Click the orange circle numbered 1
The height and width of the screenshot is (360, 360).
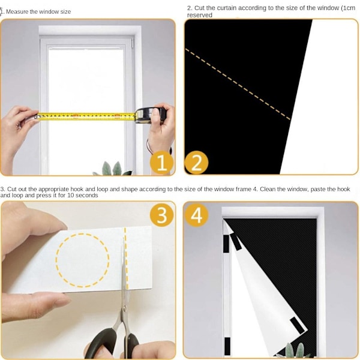161,163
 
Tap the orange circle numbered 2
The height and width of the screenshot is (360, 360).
196,163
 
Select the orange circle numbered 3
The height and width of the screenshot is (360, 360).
161,215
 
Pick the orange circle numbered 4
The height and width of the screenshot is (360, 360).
196,215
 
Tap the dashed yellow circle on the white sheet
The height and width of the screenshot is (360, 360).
83,260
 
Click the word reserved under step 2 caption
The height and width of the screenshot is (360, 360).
200,15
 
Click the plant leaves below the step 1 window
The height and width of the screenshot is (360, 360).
113,169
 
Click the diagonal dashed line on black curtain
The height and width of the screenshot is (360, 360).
238,84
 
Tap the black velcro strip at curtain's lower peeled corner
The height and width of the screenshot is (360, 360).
297,325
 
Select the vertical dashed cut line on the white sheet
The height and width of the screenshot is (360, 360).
126,258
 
